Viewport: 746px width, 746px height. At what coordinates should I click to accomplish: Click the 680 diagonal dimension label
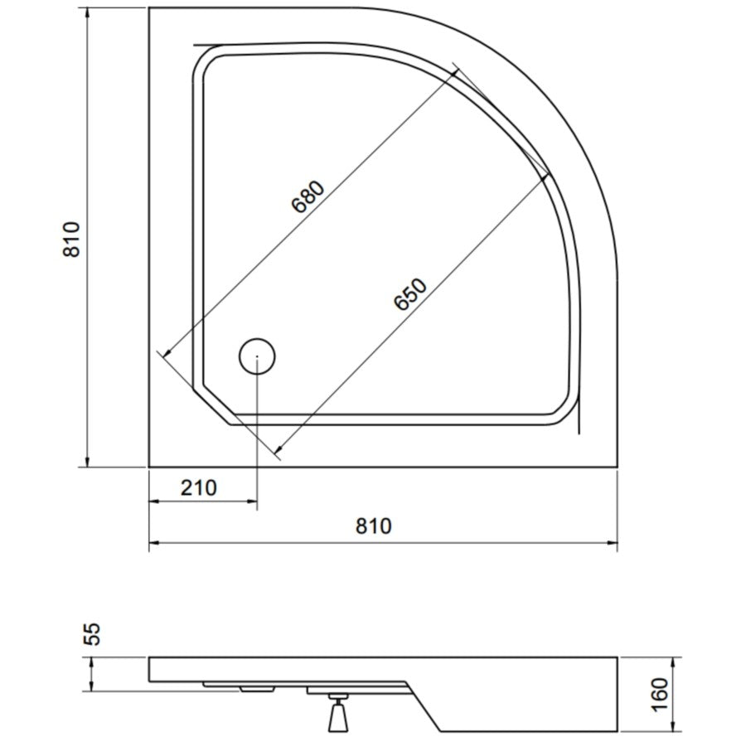point(309,196)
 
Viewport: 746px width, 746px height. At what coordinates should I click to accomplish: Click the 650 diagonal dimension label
point(410,293)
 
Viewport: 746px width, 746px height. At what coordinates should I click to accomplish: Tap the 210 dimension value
point(198,487)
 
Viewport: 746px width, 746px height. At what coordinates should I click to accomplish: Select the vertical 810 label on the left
point(72,240)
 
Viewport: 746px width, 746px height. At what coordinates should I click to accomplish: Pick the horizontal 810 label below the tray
point(374,526)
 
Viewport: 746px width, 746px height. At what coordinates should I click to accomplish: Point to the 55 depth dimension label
point(94,634)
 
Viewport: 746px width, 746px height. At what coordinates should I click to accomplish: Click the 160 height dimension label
point(660,695)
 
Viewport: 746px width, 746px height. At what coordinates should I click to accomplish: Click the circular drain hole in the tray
point(257,356)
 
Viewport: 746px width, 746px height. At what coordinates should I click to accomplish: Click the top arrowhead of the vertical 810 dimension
point(87,14)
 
